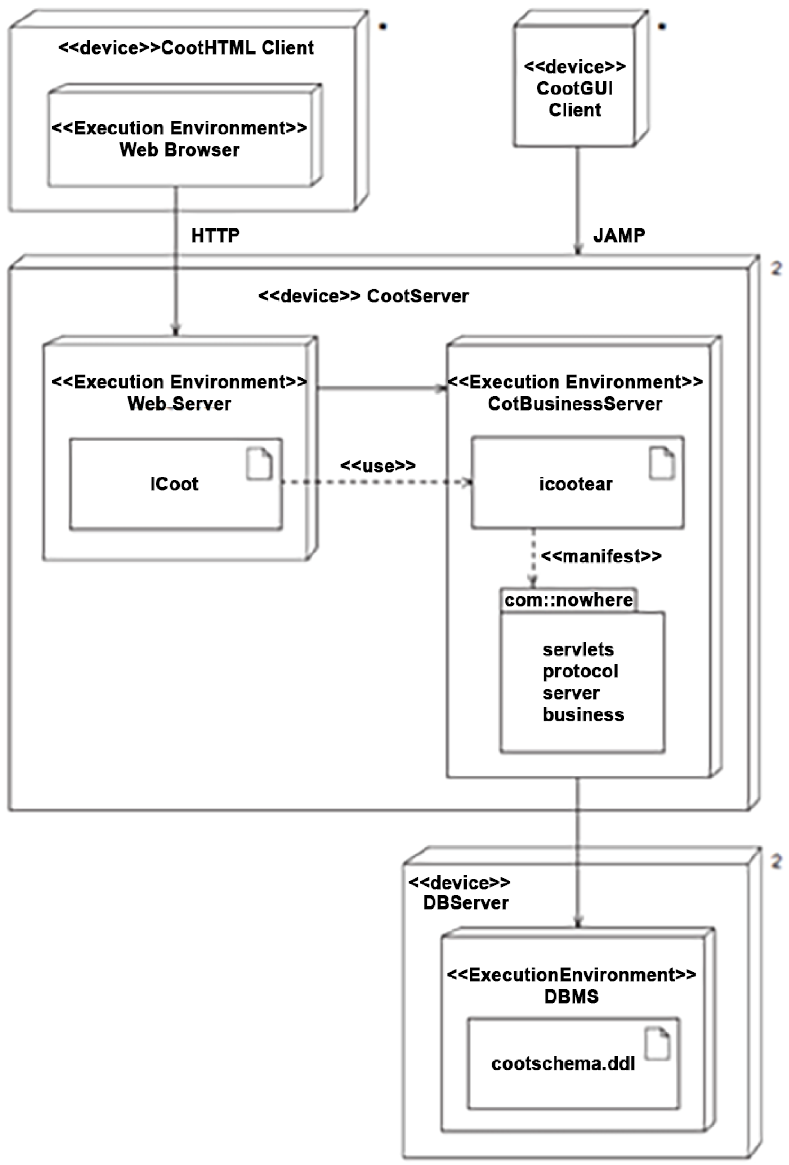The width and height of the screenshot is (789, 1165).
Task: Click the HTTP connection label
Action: pyautogui.click(x=215, y=235)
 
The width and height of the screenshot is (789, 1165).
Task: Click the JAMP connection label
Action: pyautogui.click(x=619, y=235)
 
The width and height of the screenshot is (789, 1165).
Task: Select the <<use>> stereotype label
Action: pyautogui.click(x=378, y=466)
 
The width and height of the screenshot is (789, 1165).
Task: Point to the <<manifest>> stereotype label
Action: pyautogui.click(x=601, y=556)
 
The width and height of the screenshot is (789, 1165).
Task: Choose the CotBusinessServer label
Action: pyautogui.click(x=575, y=404)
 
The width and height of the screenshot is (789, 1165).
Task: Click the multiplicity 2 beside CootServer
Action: pyautogui.click(x=776, y=269)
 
